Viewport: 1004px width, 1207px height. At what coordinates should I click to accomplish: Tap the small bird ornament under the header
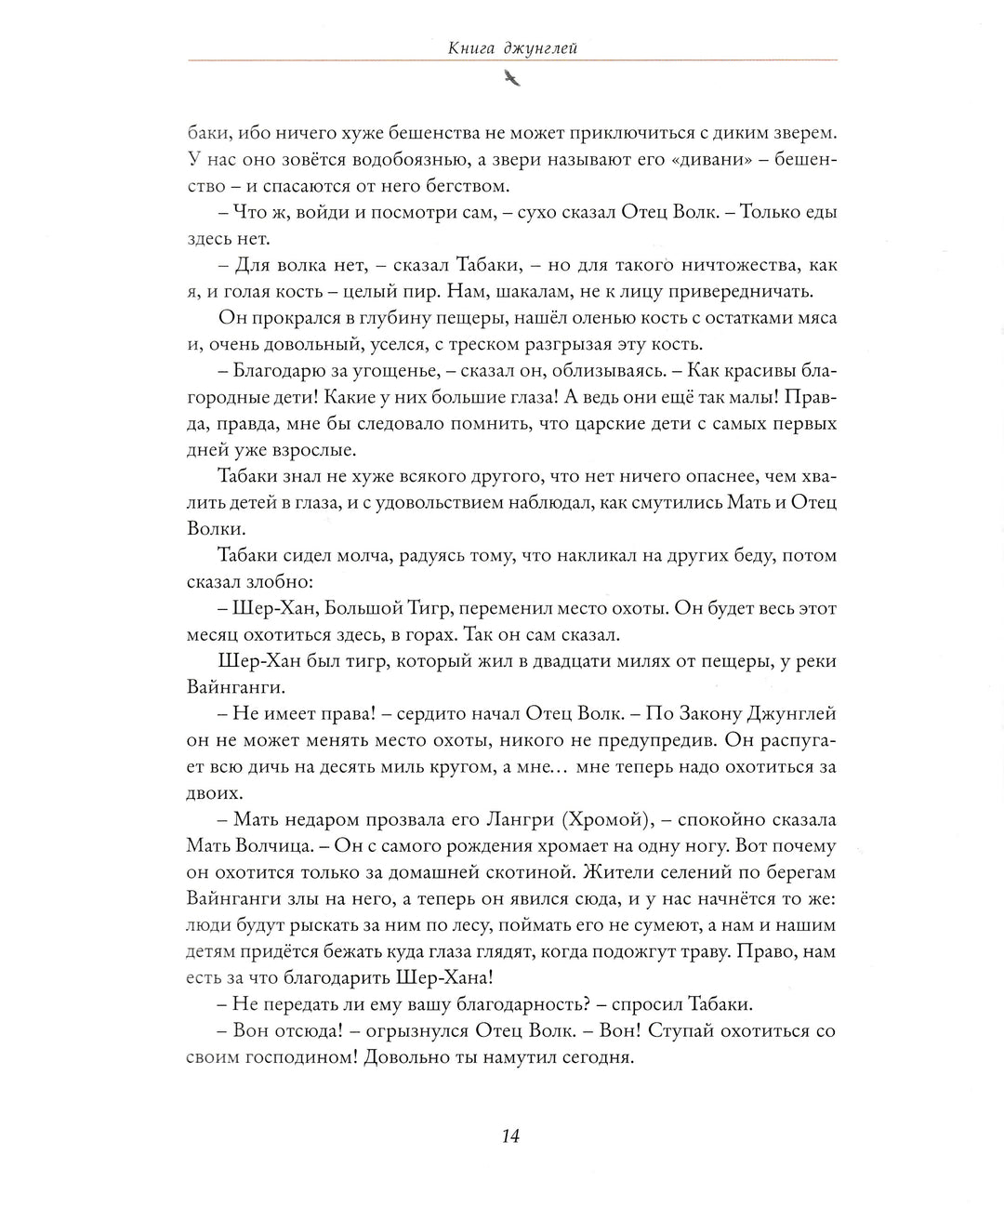pyautogui.click(x=511, y=81)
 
